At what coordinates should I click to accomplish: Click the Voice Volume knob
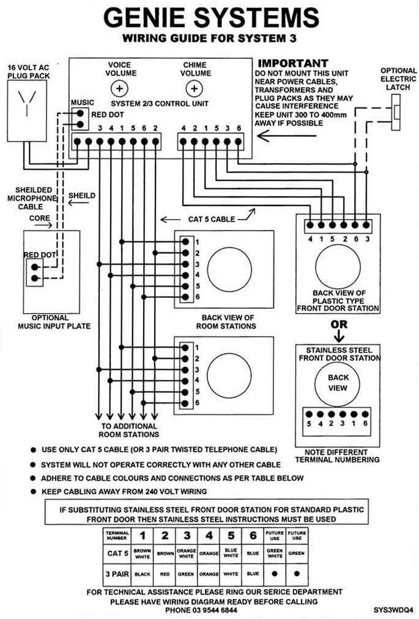tap(119, 89)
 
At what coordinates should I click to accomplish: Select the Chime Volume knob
tap(194, 89)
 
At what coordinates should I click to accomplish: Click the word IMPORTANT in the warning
tap(292, 64)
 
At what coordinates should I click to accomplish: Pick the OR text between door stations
tap(339, 324)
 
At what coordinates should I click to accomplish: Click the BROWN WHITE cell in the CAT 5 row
tap(142, 554)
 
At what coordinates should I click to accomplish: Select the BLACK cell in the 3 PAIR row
tap(142, 574)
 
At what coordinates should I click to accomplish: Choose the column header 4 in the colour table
tap(209, 535)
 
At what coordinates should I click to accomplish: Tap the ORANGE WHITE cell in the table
tap(187, 554)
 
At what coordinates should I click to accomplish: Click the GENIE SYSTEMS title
tap(211, 18)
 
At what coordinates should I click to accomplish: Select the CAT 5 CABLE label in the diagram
tap(211, 219)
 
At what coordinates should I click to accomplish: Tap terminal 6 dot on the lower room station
tap(185, 404)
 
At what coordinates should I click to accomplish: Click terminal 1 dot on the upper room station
tap(185, 242)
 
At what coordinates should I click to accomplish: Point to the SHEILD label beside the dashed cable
tap(82, 195)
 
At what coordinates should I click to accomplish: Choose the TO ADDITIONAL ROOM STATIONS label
tap(128, 430)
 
